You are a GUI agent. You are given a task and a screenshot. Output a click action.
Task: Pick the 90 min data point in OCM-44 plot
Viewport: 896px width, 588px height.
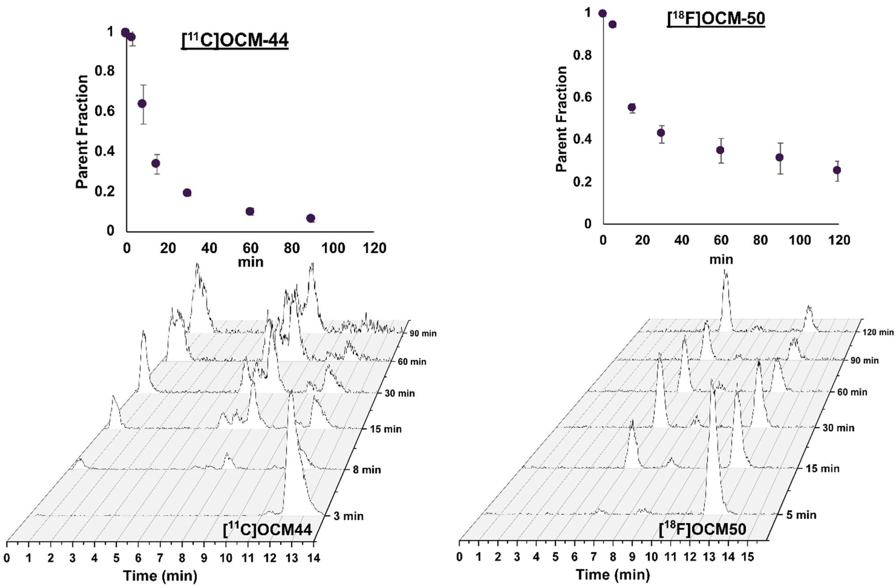pyautogui.click(x=311, y=218)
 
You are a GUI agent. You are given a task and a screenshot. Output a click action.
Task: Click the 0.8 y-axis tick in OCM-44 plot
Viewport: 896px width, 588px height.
pyautogui.click(x=104, y=71)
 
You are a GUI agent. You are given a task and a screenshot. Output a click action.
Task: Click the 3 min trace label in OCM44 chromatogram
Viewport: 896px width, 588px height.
pyautogui.click(x=348, y=516)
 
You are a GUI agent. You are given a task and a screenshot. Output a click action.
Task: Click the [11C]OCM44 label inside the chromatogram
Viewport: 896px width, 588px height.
pyautogui.click(x=267, y=530)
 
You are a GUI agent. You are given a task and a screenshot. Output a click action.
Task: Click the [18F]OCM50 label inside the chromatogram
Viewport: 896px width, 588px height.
pyautogui.click(x=702, y=529)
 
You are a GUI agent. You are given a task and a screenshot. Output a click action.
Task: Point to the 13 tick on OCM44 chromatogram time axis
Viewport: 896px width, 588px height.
pyautogui.click(x=292, y=558)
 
